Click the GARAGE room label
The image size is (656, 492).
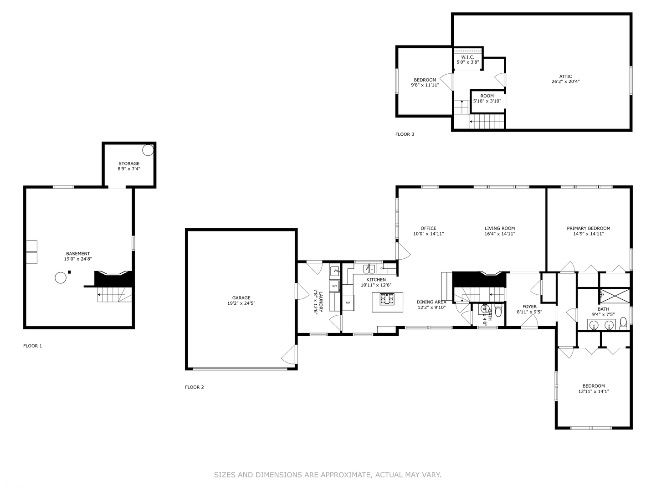point(241,298)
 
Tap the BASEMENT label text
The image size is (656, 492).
point(78,254)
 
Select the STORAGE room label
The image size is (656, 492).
point(129,164)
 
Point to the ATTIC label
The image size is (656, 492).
point(565,77)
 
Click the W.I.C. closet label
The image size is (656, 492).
point(468,57)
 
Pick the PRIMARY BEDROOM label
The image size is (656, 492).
point(588,229)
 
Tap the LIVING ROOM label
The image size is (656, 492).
point(499,229)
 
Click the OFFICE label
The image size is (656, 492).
point(428,229)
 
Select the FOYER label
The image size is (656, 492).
point(529,307)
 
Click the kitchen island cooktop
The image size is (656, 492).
point(387,299)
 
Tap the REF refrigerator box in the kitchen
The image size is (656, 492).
point(348,302)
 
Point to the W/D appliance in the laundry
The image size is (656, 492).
point(334,286)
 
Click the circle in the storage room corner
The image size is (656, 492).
point(148,149)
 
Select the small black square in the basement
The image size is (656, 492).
point(70,272)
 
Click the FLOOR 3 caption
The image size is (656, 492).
point(405,134)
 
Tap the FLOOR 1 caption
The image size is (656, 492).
point(32,346)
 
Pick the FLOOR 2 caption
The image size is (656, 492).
point(195,387)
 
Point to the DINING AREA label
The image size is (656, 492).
point(431,302)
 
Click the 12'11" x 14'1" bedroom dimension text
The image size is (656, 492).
point(594,391)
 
